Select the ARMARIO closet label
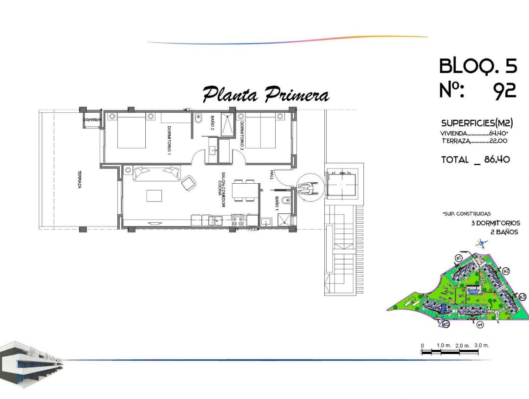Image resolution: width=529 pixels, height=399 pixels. point(92,120)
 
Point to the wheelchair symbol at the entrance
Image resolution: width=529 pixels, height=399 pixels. point(306,188)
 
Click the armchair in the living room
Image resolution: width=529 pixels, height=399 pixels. point(188,183)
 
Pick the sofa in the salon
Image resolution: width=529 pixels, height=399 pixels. point(156,173)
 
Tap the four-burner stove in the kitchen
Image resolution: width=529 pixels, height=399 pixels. point(238,220)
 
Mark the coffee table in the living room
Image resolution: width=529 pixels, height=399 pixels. point(154,196)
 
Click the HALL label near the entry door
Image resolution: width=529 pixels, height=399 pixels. point(272,174)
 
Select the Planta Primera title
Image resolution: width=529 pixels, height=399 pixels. point(266,95)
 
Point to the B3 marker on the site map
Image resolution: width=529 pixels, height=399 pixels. point(522,297)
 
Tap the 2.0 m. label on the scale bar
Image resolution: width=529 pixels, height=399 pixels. point(463,346)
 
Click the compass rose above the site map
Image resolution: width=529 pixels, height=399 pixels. point(482,243)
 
